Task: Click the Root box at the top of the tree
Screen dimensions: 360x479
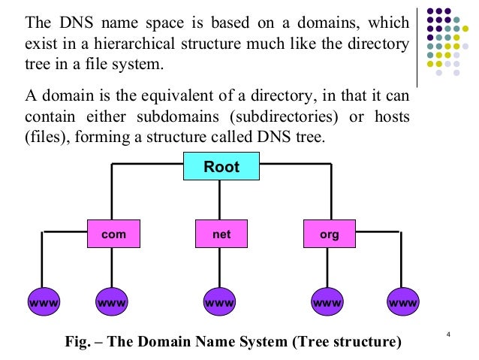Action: (221, 166)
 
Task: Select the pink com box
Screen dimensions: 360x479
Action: (113, 234)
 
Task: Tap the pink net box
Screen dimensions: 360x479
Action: (221, 234)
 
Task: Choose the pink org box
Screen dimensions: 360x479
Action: (330, 234)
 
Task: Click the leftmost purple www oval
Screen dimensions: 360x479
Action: (44, 303)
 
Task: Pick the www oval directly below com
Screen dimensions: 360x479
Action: (113, 303)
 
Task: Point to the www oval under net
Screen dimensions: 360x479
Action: (221, 303)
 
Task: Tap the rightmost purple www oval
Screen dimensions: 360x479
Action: (403, 303)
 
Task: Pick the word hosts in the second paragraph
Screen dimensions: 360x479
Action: (390, 117)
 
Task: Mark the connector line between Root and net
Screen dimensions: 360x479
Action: (219, 199)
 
